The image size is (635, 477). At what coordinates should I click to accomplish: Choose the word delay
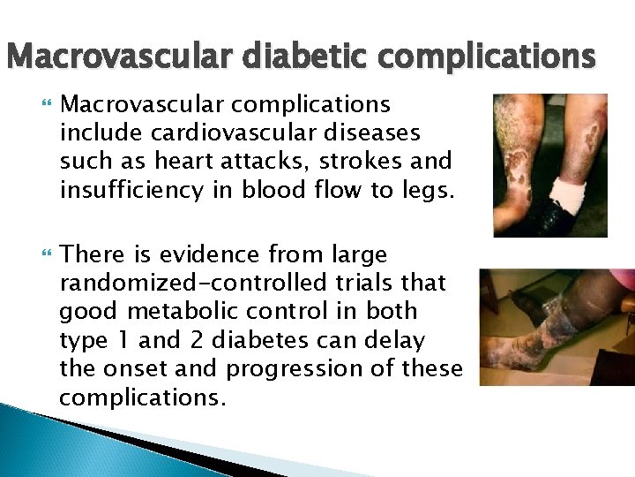pos(397,340)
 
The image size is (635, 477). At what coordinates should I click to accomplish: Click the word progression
pos(300,368)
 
